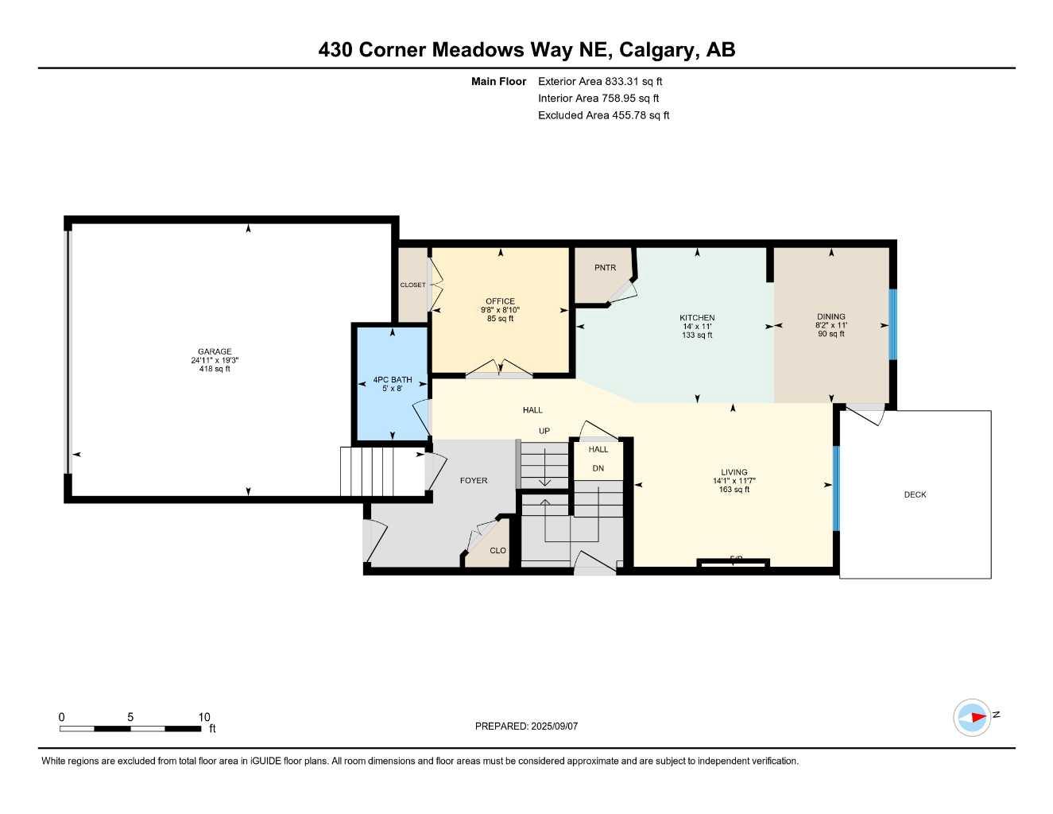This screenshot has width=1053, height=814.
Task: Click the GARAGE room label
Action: [x=215, y=352]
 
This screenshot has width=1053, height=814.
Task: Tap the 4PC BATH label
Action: [x=393, y=380]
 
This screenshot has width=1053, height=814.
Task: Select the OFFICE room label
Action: [x=501, y=301]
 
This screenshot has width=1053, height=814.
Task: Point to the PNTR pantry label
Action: [x=605, y=268]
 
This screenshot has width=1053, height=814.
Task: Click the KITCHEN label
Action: [x=697, y=318]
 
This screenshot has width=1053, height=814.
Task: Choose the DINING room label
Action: [x=831, y=316]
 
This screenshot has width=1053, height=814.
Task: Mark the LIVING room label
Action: [x=734, y=472]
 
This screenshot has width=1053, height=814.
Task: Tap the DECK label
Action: [x=915, y=494]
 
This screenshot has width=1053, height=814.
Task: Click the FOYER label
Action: [x=474, y=481]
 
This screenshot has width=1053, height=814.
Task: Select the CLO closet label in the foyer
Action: [x=497, y=551]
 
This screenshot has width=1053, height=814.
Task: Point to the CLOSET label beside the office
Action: [x=412, y=285]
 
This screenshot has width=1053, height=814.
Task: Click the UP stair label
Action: [x=544, y=432]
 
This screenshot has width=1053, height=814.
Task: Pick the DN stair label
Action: [x=598, y=469]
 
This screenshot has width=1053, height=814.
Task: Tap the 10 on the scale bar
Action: [x=204, y=717]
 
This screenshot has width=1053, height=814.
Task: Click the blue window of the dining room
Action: [x=892, y=324]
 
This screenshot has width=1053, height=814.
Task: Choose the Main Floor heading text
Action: [x=498, y=81]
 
